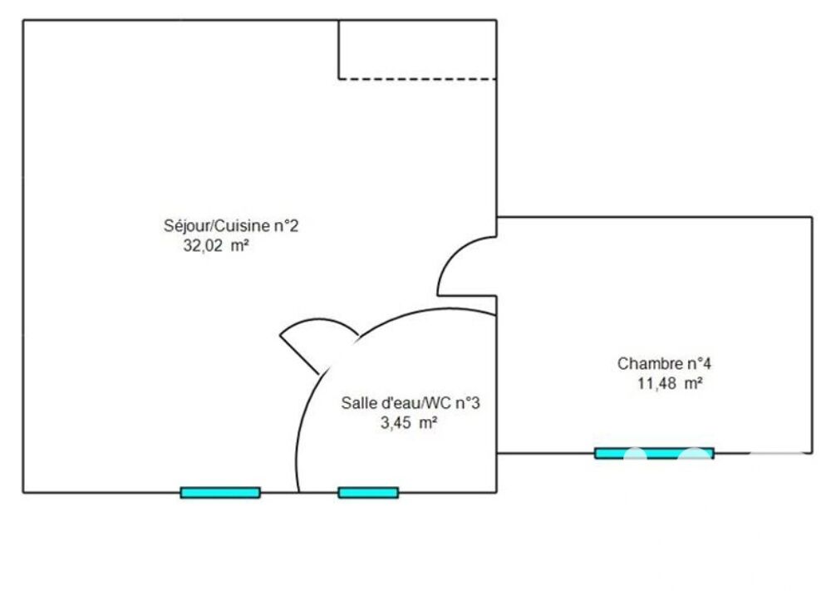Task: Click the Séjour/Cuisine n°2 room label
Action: pos(230,225)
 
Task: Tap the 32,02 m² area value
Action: pos(217,245)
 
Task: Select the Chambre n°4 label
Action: pos(665,363)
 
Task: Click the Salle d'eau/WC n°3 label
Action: pos(411,403)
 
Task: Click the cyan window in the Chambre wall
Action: pos(654,453)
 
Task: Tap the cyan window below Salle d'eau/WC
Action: pos(368,492)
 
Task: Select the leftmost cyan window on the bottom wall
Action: pos(220,492)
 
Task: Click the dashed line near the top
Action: pos(417,79)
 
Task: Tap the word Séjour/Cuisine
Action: pos(217,225)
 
